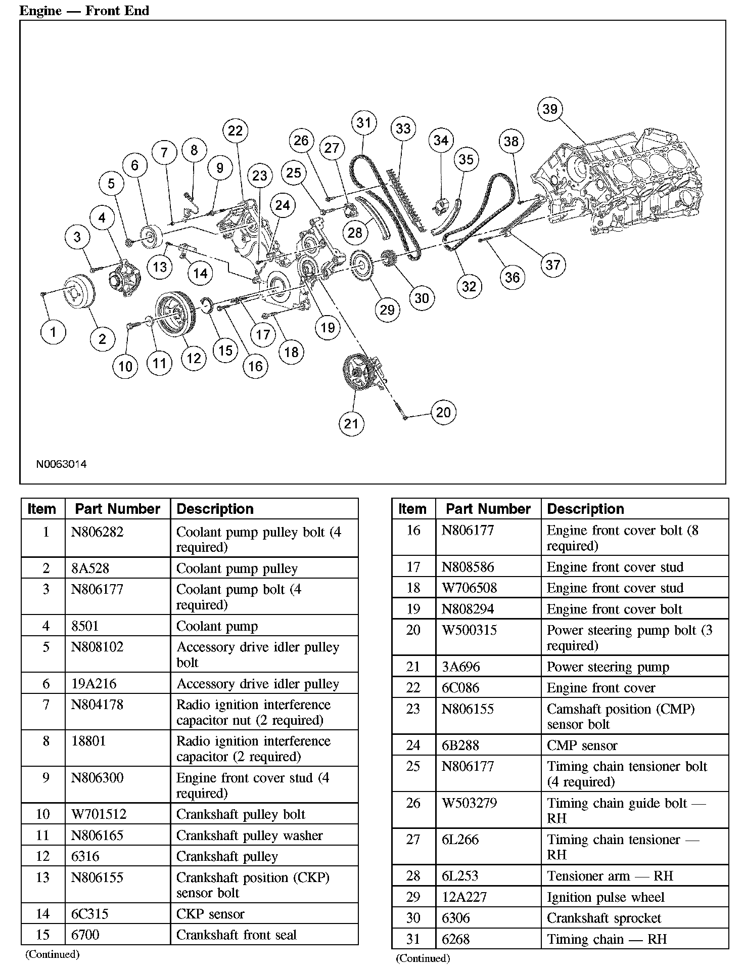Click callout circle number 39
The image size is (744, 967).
550,109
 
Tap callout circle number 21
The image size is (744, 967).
351,423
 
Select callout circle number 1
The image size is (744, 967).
53,332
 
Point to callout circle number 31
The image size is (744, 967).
364,122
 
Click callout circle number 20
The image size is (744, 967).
443,412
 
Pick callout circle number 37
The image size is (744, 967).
553,265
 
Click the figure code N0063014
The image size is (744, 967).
61,464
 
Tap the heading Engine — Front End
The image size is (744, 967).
84,11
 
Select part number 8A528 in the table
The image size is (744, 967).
90,568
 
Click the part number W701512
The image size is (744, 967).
99,814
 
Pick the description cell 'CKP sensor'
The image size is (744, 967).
210,914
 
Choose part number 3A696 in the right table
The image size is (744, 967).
460,667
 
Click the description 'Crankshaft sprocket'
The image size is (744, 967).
604,918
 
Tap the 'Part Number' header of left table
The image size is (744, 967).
117,509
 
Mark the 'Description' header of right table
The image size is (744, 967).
585,509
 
